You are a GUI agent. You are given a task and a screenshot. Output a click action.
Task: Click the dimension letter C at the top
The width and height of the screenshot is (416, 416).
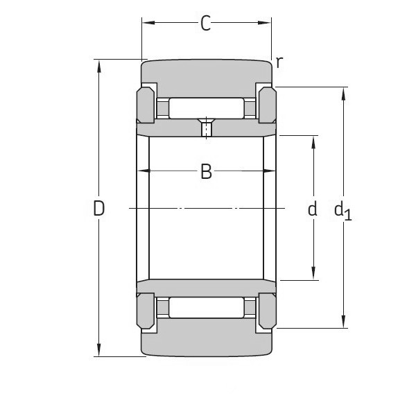click(x=205, y=24)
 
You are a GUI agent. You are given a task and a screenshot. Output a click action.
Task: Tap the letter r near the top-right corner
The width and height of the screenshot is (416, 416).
click(x=279, y=62)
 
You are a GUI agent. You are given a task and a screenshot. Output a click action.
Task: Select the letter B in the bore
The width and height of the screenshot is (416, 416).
click(x=206, y=171)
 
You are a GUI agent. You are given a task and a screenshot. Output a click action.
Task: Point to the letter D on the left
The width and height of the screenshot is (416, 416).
click(x=99, y=208)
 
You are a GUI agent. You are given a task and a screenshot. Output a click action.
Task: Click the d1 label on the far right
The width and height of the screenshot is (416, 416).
click(x=343, y=209)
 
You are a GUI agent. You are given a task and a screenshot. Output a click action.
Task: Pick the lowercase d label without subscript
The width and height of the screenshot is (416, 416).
click(x=313, y=209)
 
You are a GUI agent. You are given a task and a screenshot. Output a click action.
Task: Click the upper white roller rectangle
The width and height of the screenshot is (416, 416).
click(x=206, y=108)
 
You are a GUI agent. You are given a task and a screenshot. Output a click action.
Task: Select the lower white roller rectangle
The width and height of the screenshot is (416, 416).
click(x=206, y=307)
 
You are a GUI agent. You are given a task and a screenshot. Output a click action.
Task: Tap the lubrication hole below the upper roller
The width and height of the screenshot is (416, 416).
click(x=206, y=129)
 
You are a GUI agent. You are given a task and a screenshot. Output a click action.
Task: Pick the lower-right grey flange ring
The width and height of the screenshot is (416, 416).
click(x=268, y=310)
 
